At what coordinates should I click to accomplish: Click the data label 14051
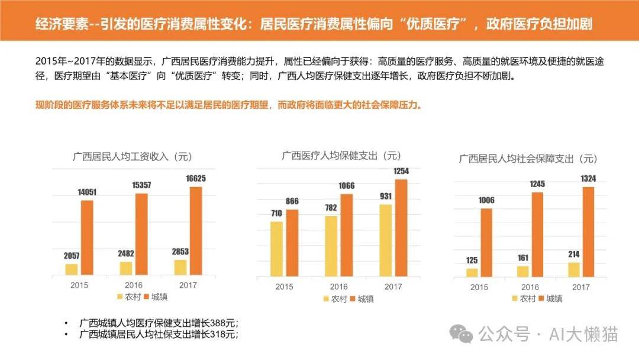pyautogui.click(x=87, y=192)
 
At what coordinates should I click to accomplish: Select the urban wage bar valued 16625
pyautogui.click(x=196, y=231)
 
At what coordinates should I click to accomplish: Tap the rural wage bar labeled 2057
pyautogui.click(x=72, y=269)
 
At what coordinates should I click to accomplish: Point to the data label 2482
pyautogui.click(x=126, y=253)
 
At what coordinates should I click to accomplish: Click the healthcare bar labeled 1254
pyautogui.click(x=401, y=228)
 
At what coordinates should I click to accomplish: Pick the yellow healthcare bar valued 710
pyautogui.click(x=276, y=249)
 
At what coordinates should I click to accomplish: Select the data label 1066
pyautogui.click(x=346, y=186)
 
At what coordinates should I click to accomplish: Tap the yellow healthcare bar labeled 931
pyautogui.click(x=386, y=240)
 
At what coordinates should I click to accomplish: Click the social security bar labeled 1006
pyautogui.click(x=486, y=243)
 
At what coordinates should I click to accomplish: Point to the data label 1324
pyautogui.click(x=588, y=179)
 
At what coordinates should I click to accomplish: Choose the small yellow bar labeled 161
pyautogui.click(x=523, y=272)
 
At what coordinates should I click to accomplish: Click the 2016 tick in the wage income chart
pyautogui.click(x=134, y=285)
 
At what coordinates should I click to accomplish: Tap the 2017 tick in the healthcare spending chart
pyautogui.click(x=393, y=287)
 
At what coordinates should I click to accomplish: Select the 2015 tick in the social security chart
pyautogui.click(x=479, y=287)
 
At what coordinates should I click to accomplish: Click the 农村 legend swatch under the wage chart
pyautogui.click(x=120, y=297)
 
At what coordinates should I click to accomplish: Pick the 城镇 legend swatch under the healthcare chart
pyautogui.click(x=353, y=299)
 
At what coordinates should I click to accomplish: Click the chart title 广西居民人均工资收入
pyautogui.click(x=120, y=156)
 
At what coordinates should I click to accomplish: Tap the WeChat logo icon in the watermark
pyautogui.click(x=461, y=334)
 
